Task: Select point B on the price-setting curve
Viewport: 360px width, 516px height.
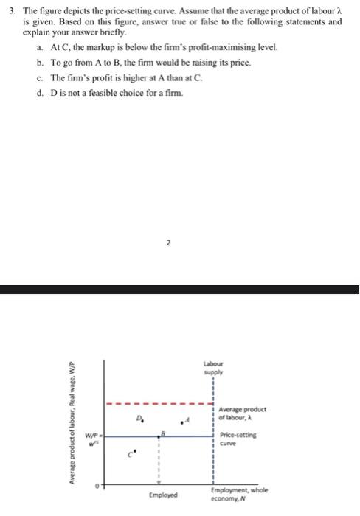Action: (x=159, y=437)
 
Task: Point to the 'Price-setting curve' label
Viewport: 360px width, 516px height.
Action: (x=234, y=439)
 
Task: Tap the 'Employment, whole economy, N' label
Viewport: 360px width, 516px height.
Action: (x=239, y=493)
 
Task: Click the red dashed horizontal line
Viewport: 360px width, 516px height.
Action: (x=155, y=404)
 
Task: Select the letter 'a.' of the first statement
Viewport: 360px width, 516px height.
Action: (x=38, y=46)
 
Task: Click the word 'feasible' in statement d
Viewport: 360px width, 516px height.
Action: (x=99, y=92)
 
